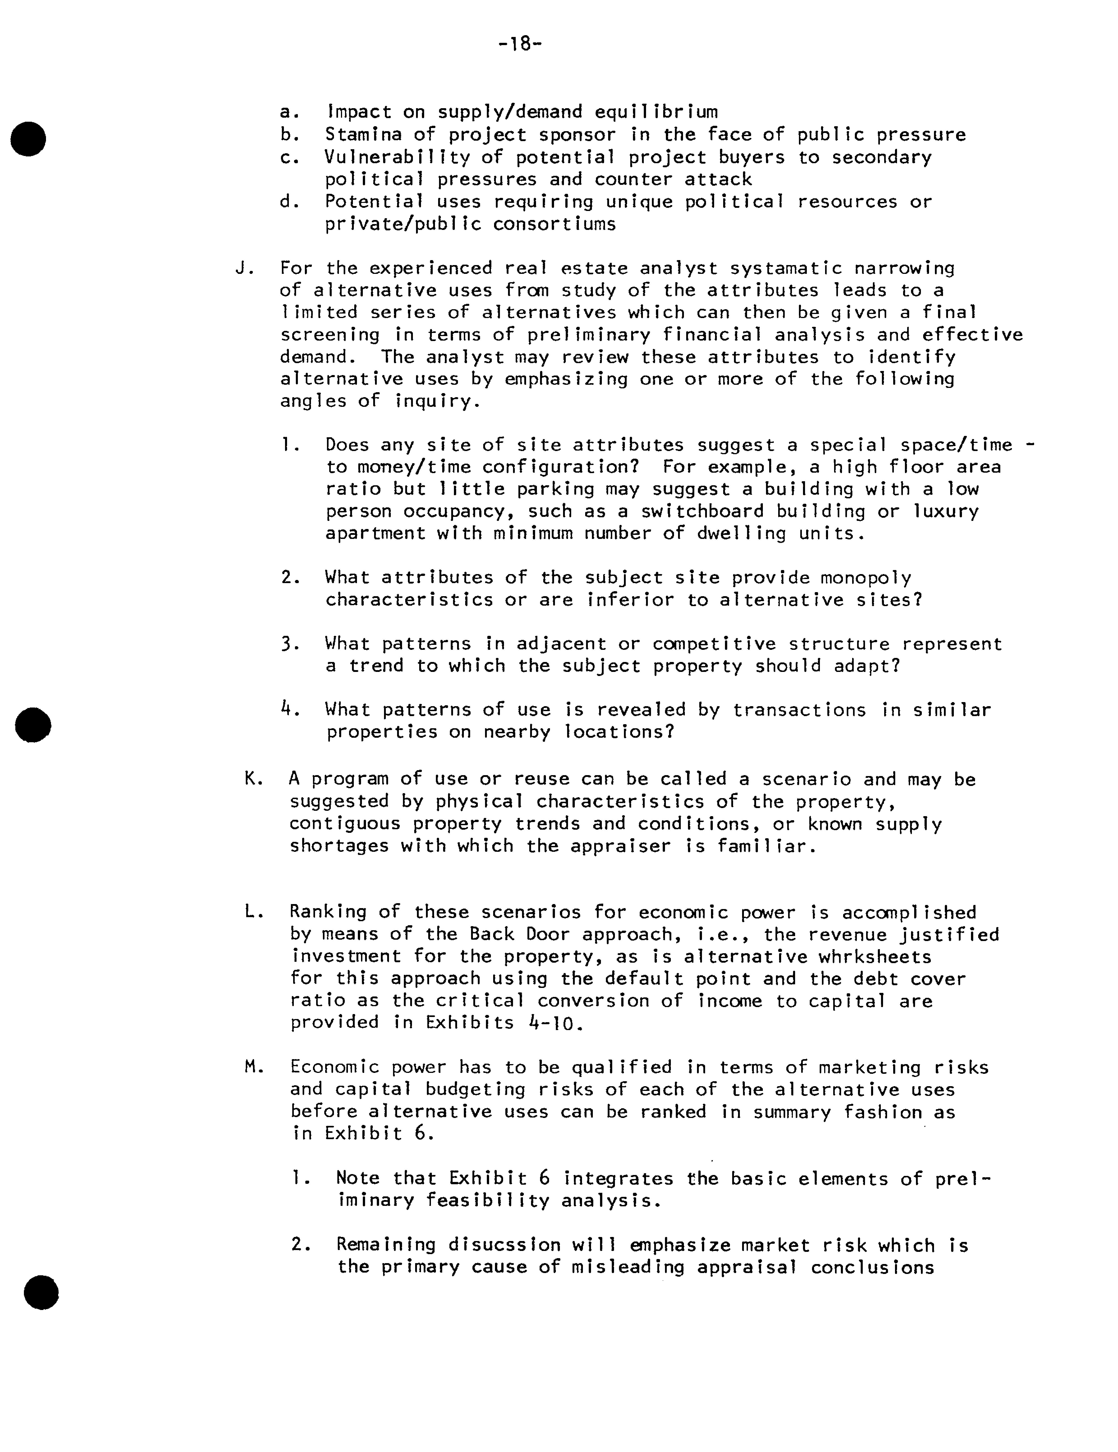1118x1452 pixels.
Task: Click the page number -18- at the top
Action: pos(520,45)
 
